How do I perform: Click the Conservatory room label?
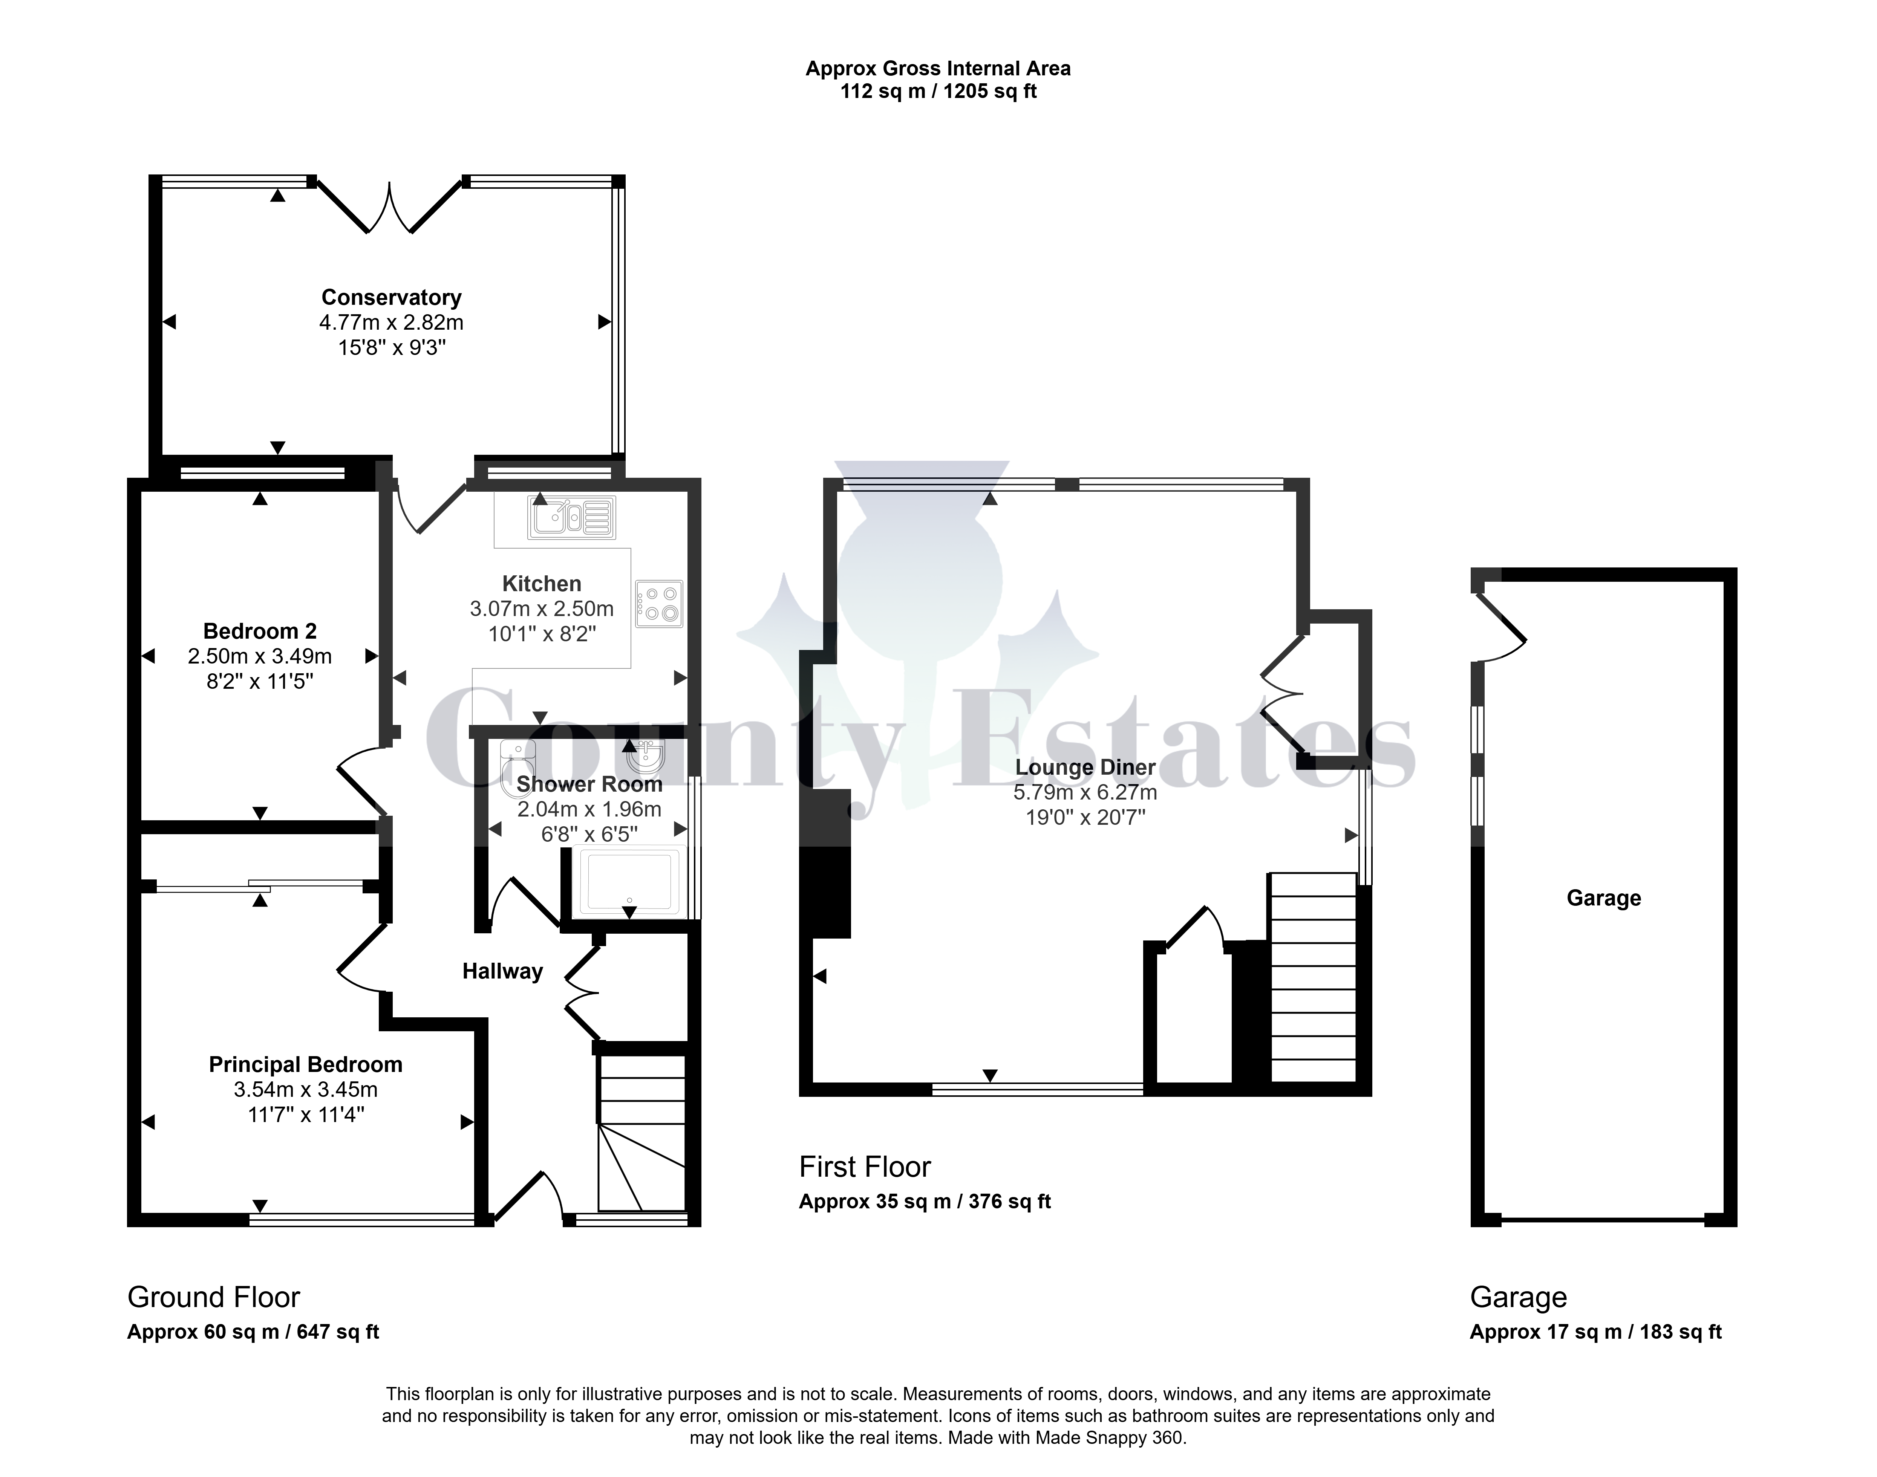tap(391, 298)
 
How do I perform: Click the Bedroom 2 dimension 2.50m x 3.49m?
tap(259, 656)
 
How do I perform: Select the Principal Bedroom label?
tap(305, 1064)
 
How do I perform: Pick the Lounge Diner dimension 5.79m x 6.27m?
tap(1085, 792)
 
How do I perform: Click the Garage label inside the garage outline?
tap(1604, 899)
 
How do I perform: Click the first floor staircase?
tap(1312, 977)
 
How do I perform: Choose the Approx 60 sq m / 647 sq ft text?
tap(253, 1332)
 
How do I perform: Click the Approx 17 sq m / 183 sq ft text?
tap(1596, 1332)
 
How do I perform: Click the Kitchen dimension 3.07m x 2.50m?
tap(542, 609)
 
